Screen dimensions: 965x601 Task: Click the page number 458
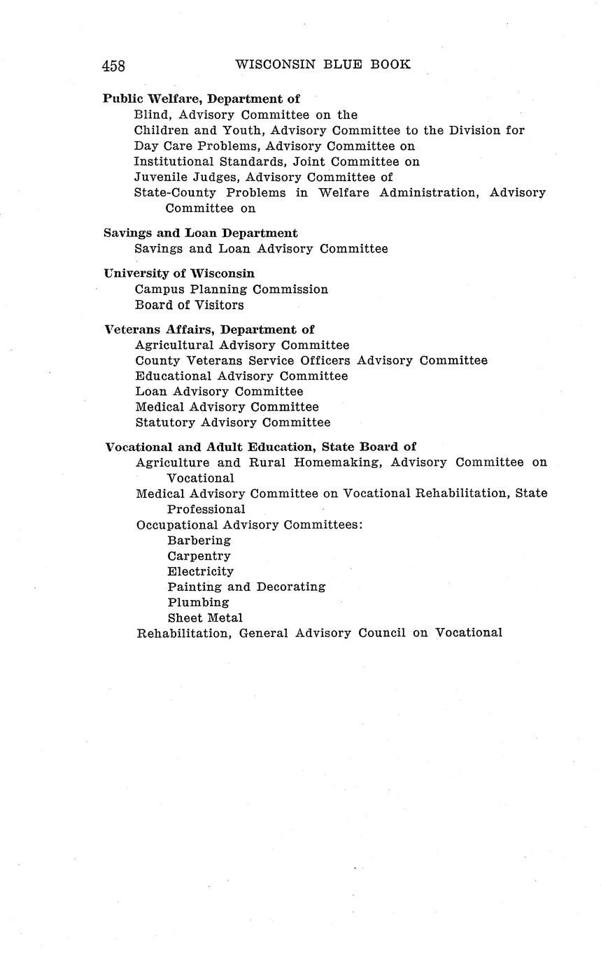[x=113, y=66]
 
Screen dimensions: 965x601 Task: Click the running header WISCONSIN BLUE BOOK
[x=323, y=64]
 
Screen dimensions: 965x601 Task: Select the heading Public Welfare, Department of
[x=201, y=99]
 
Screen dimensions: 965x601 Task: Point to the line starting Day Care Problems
[x=274, y=146]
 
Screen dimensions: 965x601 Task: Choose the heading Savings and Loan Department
[x=201, y=233]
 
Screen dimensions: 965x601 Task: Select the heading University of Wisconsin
[x=179, y=273]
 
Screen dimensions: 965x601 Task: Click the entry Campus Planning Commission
[x=231, y=289]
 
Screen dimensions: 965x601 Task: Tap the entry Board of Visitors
[x=189, y=305]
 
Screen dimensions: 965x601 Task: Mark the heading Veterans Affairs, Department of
[x=209, y=329]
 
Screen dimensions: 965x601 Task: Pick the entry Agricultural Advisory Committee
[x=241, y=345]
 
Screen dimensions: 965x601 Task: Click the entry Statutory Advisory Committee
[x=232, y=422]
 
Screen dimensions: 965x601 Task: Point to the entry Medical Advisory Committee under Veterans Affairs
[x=227, y=407]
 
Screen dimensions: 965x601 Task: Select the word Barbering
[x=199, y=541]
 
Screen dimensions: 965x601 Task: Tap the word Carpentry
[x=199, y=556]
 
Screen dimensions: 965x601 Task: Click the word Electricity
[x=200, y=571]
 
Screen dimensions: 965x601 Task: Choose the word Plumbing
[x=198, y=602]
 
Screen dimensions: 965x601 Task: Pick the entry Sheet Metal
[x=205, y=617]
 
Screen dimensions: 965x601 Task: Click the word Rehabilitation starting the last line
[x=183, y=634]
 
